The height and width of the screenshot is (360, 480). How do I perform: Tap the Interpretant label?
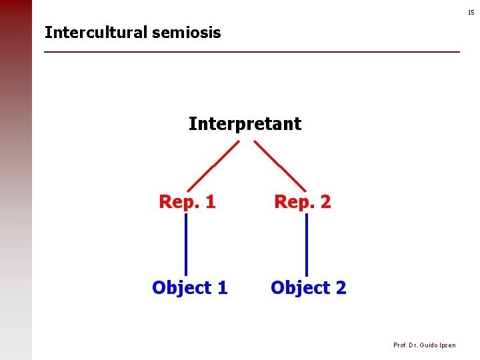click(x=245, y=124)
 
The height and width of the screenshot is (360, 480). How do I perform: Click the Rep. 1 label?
click(x=187, y=202)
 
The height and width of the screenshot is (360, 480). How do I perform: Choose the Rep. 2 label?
click(x=303, y=202)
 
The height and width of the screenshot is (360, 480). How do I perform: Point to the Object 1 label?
click(x=189, y=288)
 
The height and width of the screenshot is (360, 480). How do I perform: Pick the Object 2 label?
click(x=308, y=288)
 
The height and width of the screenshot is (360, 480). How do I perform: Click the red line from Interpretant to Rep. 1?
click(x=212, y=165)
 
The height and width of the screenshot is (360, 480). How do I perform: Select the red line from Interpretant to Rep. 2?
click(x=280, y=165)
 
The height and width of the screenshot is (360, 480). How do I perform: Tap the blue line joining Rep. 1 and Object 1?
click(x=185, y=245)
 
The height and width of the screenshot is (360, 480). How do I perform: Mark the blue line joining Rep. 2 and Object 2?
click(x=307, y=245)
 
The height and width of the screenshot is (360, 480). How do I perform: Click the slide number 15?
click(x=470, y=13)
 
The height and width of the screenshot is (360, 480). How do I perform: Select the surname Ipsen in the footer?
click(x=447, y=345)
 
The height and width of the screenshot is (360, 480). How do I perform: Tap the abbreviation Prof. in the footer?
click(x=400, y=345)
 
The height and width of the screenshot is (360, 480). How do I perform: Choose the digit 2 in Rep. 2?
click(x=325, y=202)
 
